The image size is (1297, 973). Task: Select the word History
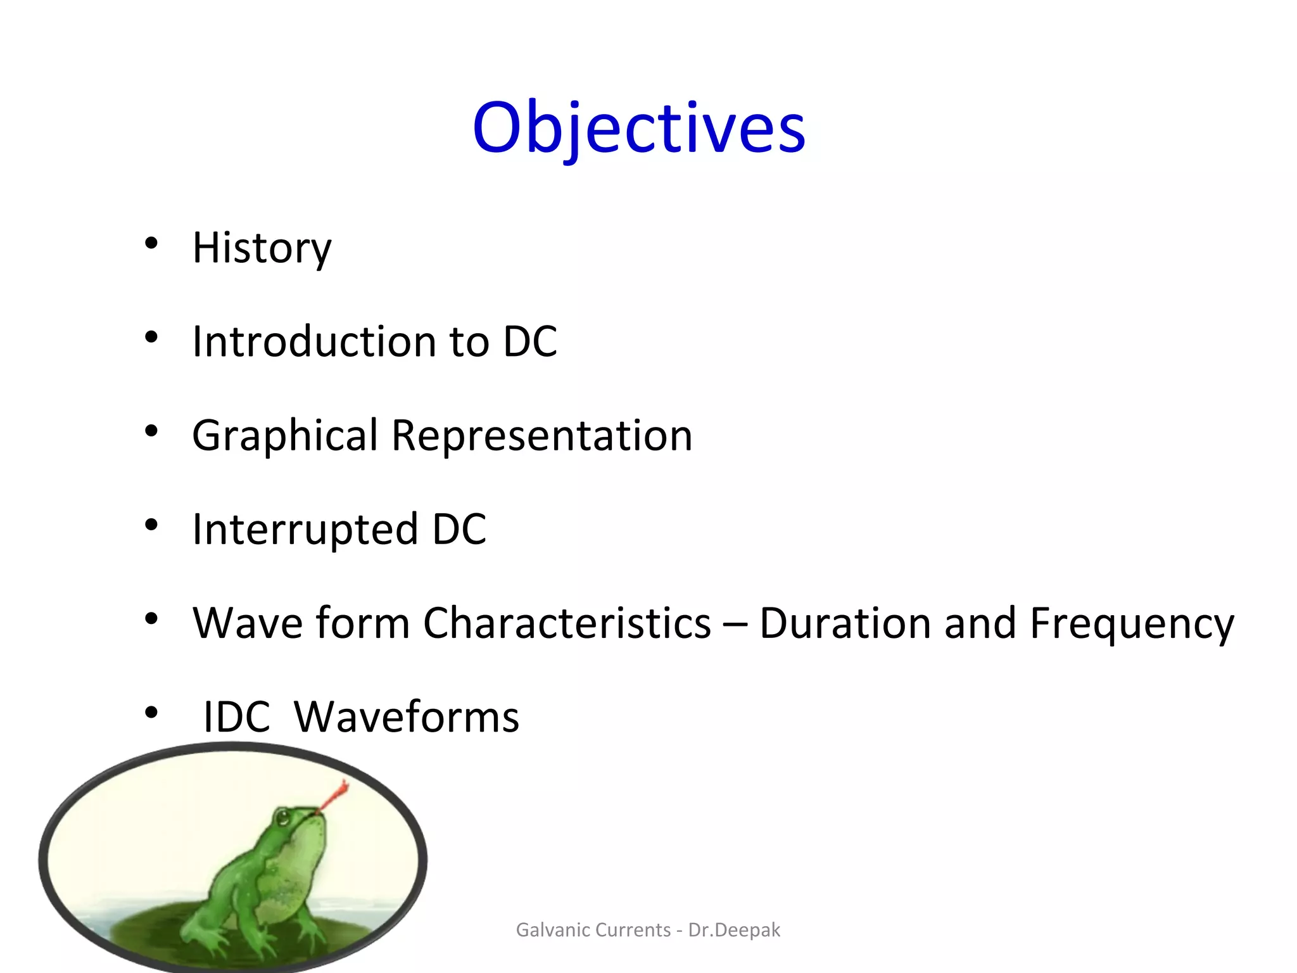point(262,248)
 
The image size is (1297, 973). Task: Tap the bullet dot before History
point(151,243)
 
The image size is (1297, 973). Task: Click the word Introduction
point(314,341)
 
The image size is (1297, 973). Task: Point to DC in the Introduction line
point(530,341)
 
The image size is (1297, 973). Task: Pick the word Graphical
point(285,436)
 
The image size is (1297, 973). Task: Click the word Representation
point(542,436)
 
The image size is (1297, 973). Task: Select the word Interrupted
point(305,529)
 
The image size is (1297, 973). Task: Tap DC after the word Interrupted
point(459,529)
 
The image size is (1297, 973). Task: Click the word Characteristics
point(567,623)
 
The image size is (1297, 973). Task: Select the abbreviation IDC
point(236,717)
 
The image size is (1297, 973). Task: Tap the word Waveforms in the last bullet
point(407,717)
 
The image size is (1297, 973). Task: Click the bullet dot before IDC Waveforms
point(151,713)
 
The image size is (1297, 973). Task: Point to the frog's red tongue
point(334,796)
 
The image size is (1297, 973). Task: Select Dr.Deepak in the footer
point(734,930)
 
